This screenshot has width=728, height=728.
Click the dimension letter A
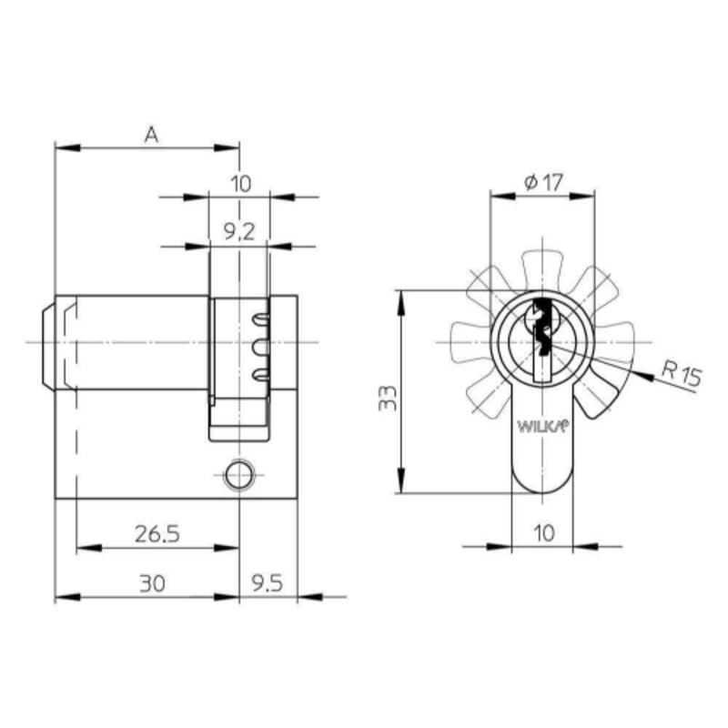[x=151, y=135]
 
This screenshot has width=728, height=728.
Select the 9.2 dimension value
[x=239, y=232]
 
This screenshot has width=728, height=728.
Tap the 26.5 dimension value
[x=157, y=534]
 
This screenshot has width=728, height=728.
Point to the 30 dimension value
[x=152, y=583]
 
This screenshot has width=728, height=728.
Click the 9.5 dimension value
[x=268, y=583]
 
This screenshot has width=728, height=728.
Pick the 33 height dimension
[x=388, y=398]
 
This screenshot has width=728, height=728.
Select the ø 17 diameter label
[x=543, y=183]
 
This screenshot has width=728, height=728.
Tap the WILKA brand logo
[x=542, y=426]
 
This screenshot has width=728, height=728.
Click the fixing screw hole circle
[x=239, y=475]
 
